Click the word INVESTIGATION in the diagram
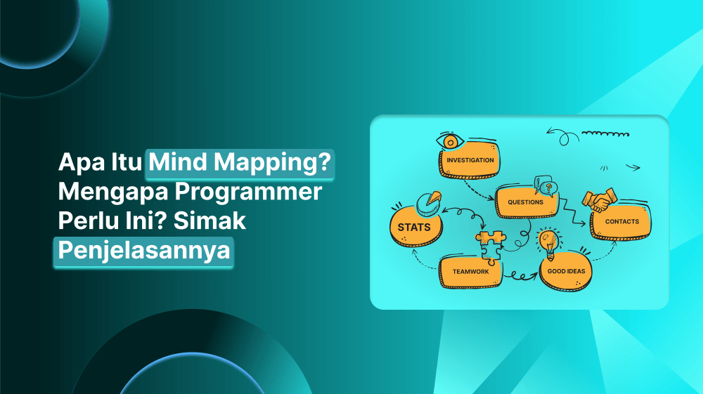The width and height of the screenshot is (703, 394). pyautogui.click(x=470, y=160)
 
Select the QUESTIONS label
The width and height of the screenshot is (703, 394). pyautogui.click(x=524, y=202)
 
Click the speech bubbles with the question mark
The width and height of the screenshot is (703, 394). pyautogui.click(x=546, y=186)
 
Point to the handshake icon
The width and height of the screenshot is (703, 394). pyautogui.click(x=598, y=201)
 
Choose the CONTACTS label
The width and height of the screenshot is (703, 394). pyautogui.click(x=621, y=222)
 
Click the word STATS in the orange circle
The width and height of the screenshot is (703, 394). pyautogui.click(x=413, y=227)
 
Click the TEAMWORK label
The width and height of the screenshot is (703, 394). pyautogui.click(x=470, y=271)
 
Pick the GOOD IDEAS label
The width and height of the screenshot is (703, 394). pyautogui.click(x=567, y=271)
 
